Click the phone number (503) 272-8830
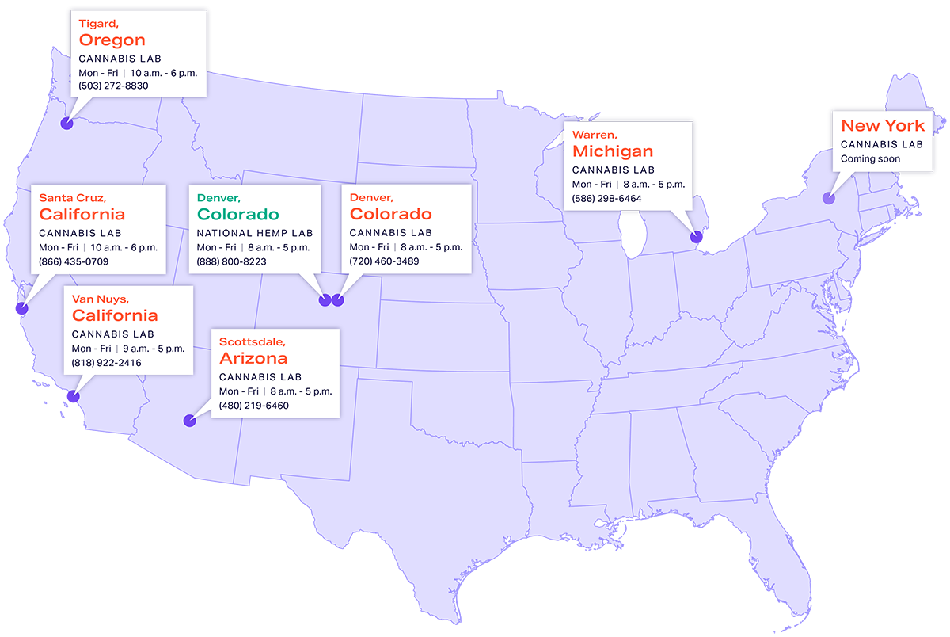113,86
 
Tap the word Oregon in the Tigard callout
112,40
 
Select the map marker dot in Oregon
67,124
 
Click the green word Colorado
237,214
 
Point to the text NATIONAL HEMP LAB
254,233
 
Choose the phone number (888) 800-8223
231,261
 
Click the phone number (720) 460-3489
384,261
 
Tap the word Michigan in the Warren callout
613,151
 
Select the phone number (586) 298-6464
607,198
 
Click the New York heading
882,125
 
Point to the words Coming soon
870,158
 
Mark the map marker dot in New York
829,199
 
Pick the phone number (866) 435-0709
74,261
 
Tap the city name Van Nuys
101,299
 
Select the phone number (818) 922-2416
107,363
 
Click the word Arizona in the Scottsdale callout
253,358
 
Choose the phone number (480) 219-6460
254,406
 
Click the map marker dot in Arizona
189,421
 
